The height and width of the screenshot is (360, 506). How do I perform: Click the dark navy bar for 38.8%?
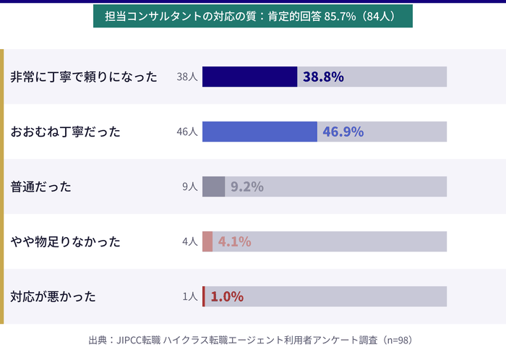tap(249, 77)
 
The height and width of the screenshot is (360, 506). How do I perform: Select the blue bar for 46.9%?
tap(260, 132)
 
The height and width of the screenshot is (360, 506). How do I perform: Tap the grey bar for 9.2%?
tap(213, 187)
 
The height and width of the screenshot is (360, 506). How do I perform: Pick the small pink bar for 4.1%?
tap(207, 241)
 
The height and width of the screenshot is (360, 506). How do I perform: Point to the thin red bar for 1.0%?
tap(204, 296)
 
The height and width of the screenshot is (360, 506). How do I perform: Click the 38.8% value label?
tap(323, 77)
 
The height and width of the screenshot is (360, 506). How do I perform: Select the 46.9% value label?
tap(343, 132)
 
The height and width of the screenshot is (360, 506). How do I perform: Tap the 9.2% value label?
tap(246, 187)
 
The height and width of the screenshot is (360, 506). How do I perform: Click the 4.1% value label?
tap(234, 241)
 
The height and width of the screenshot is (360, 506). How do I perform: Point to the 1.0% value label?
tap(226, 296)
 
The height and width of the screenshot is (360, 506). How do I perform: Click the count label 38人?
tap(186, 77)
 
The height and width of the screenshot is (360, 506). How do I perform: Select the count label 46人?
tap(186, 132)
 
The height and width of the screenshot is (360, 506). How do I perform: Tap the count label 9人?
tap(189, 187)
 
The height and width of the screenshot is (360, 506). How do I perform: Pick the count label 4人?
tap(189, 241)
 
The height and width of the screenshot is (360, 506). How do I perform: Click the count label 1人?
tap(189, 296)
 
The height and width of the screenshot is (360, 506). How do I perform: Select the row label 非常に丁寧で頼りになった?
tap(84, 77)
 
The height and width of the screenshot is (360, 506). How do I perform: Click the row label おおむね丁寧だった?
tap(66, 132)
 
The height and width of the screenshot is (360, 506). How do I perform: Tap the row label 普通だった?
tap(41, 187)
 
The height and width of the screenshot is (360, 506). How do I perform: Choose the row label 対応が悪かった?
tap(53, 296)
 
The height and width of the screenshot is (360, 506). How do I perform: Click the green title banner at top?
tap(253, 16)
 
